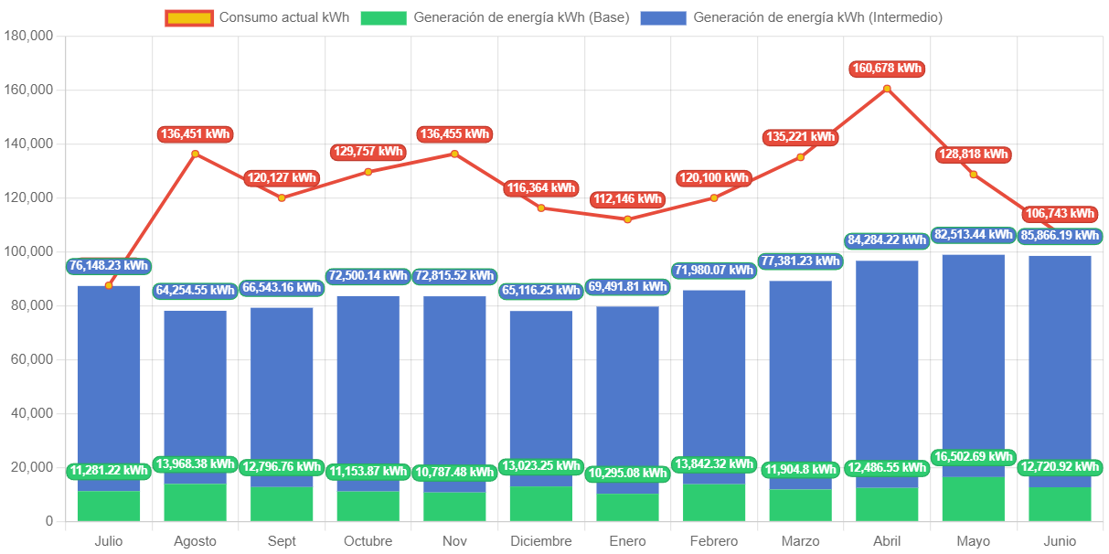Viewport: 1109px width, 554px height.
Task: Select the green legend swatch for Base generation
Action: (x=383, y=17)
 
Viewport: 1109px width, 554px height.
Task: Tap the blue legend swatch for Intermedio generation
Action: (x=663, y=17)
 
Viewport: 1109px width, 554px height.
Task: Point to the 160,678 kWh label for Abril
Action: (x=886, y=69)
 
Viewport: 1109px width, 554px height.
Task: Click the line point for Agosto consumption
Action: (x=195, y=154)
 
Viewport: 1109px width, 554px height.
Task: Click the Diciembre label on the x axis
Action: (x=540, y=541)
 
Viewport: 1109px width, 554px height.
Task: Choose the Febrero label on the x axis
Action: (x=714, y=541)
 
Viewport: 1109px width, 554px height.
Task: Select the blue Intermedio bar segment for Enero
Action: (x=627, y=393)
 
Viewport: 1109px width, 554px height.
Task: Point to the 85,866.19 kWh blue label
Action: (x=1059, y=235)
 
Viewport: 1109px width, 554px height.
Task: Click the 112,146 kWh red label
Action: (x=626, y=199)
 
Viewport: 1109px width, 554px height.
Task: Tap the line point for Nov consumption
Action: (x=454, y=154)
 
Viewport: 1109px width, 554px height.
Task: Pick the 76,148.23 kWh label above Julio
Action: (x=108, y=266)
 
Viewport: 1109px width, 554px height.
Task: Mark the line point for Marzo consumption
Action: (x=800, y=157)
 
